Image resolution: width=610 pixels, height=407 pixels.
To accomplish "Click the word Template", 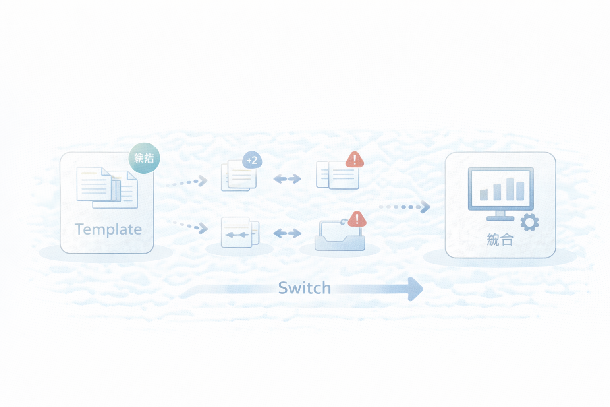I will pos(108,229).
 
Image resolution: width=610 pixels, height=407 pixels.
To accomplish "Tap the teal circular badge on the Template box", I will pos(144,158).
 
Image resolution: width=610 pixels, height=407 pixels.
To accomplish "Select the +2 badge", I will pos(252,160).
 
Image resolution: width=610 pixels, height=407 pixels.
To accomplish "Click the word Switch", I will pos(304,288).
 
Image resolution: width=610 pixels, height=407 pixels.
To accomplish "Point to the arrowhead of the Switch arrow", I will pos(415,289).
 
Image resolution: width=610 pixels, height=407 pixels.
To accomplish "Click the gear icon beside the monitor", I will pos(529,223).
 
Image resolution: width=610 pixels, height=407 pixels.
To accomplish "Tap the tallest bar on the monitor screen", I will pos(510,189).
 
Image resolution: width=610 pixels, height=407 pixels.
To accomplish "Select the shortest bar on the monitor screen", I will pos(484,194).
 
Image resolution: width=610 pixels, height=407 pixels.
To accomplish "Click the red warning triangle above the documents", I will pos(355,160).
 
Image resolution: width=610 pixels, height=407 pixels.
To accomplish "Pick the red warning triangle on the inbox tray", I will pos(357,219).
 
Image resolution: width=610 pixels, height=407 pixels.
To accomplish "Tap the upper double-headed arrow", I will pos(287,179).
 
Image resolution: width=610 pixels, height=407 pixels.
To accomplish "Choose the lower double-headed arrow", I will pos(287,233).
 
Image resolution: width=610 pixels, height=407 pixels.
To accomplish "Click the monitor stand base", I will pos(500,218).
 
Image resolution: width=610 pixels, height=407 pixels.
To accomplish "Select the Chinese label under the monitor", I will pos(500,240).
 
